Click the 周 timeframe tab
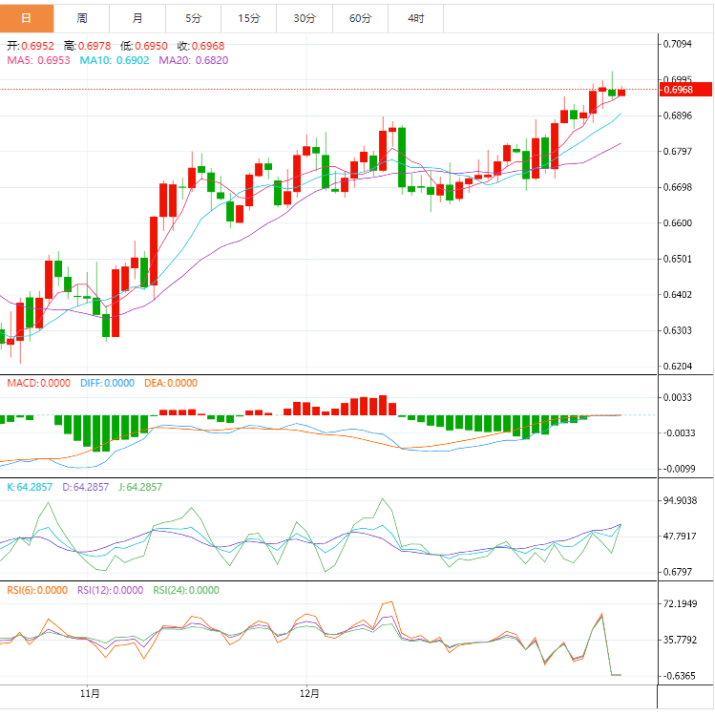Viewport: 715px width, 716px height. [82, 18]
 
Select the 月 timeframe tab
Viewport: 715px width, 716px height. [137, 18]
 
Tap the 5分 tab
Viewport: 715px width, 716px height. [193, 18]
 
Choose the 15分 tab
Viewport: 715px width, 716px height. [248, 18]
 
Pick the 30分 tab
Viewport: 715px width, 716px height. [305, 18]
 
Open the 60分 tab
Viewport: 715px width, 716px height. [360, 18]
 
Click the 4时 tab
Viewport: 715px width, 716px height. [415, 18]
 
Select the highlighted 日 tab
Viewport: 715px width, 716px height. [27, 18]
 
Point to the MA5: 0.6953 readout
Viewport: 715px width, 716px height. [39, 60]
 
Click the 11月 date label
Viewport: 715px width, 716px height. [91, 692]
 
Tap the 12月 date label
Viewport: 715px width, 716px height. [309, 692]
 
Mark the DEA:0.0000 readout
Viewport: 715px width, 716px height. [171, 383]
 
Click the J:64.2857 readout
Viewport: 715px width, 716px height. [140, 487]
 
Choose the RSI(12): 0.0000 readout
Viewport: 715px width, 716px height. [110, 590]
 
